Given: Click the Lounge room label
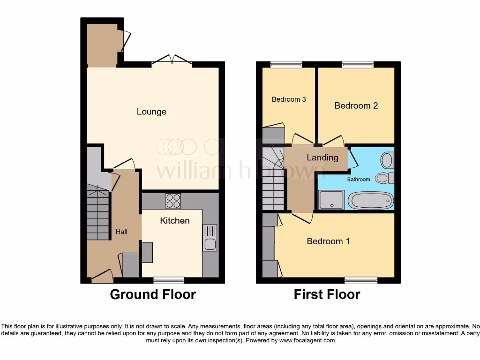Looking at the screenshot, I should [151, 112].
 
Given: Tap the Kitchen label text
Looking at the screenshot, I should [175, 220].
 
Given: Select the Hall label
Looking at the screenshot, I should [121, 232].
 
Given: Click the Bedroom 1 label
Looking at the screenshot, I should [328, 241].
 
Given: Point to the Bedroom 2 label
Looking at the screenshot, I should [356, 105].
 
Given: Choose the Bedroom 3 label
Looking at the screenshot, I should [289, 99].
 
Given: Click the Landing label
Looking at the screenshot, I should [322, 157].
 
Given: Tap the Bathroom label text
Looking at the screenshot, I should [358, 179].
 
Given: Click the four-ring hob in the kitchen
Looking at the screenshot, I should [173, 201].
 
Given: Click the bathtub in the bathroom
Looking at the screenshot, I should [371, 201].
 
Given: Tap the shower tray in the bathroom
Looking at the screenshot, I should [331, 200].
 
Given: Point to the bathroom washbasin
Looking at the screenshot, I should [387, 160].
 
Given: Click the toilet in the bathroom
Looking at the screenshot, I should [385, 178].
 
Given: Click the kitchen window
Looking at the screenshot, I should [169, 280].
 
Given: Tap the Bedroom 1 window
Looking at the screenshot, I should [361, 280].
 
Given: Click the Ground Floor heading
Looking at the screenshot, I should [152, 294].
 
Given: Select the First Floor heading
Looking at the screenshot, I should [327, 294].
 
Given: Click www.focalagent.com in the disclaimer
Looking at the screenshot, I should [307, 340].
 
